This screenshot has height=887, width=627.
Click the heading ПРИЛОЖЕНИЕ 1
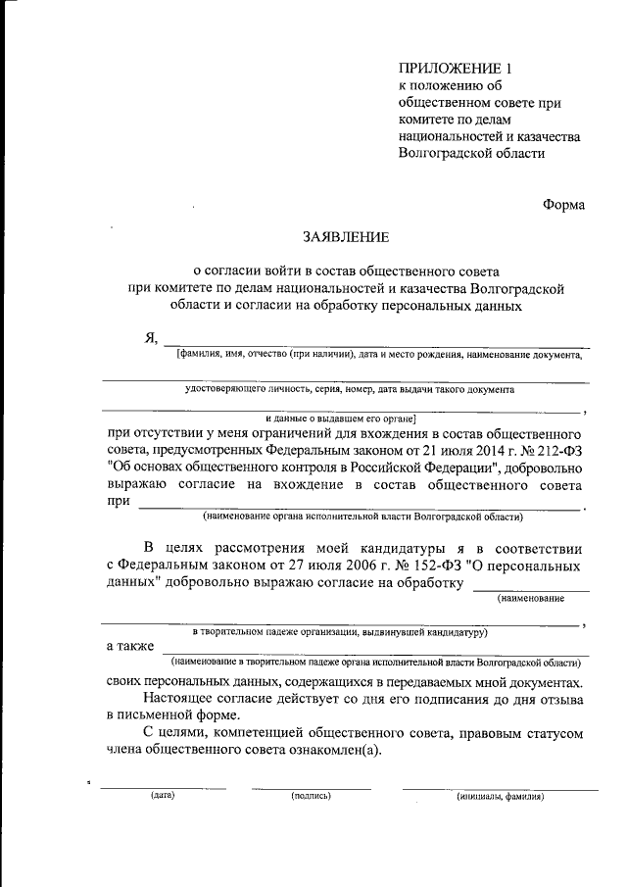456,68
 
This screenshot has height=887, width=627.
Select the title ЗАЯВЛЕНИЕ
345,236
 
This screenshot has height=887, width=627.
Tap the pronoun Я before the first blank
151,339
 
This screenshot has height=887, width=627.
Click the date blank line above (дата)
163,788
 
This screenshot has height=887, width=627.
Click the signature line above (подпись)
311,788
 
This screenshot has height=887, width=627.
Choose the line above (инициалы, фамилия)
500,788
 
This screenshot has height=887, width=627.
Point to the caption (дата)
163,796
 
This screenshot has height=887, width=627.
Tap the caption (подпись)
311,796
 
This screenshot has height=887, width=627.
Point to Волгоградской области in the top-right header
472,153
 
